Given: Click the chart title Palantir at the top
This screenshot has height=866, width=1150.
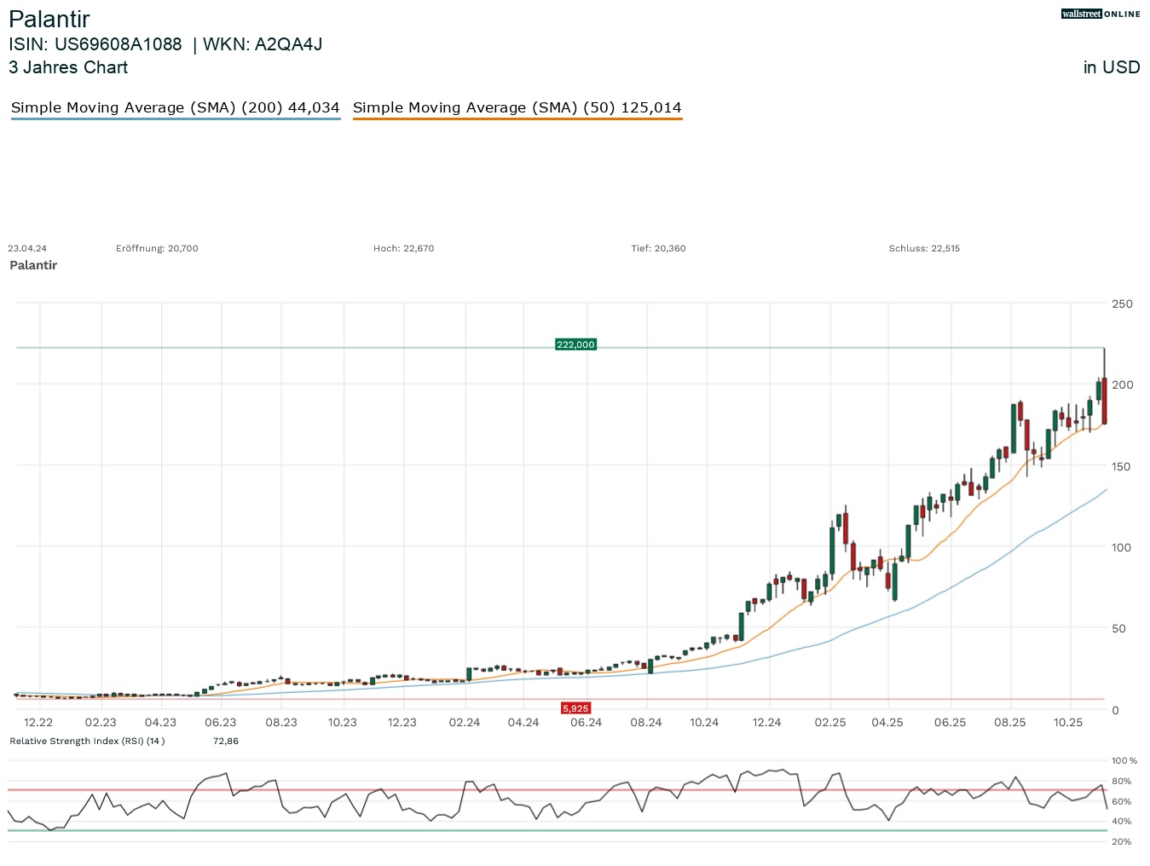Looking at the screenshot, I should pos(49,19).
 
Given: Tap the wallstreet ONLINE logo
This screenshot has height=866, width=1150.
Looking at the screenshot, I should pos(1100,14).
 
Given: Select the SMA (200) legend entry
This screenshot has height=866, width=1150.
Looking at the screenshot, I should pos(175,107).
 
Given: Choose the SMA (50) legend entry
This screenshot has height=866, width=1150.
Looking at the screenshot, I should pos(517,107).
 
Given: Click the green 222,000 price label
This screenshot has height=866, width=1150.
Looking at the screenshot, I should pos(575,344).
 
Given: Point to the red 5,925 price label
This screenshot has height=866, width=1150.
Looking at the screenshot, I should pos(575,708).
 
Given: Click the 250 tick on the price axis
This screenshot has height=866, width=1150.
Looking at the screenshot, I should pos(1122,303).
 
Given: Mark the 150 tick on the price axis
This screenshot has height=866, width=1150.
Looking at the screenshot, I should pos(1122,466).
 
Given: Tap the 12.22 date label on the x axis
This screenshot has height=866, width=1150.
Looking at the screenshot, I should pos(38,723).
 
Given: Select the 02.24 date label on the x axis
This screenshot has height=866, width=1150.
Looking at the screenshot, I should pos(465,723).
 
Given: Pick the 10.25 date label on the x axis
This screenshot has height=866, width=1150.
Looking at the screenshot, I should pos(1068,723).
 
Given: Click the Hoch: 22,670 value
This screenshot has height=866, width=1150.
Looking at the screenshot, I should pos(403,249).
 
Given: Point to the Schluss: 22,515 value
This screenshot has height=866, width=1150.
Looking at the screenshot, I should pos(924,249).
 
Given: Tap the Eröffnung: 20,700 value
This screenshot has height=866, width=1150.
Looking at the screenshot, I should pos(157,249).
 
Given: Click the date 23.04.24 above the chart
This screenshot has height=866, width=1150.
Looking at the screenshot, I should pos(27,249).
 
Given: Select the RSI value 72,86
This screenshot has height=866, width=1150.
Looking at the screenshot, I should pos(226,742).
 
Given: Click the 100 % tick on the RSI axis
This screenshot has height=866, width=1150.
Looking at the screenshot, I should pos(1124,760).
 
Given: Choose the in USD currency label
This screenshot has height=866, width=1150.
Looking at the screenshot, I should pos(1112,67).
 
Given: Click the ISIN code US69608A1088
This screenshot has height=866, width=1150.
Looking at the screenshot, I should pos(118,44).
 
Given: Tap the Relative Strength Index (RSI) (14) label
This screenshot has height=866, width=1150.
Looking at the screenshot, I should pos(87,742).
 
